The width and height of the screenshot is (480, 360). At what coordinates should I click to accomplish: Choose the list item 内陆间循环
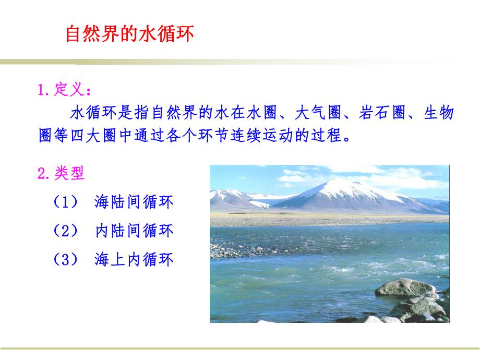[x=134, y=231]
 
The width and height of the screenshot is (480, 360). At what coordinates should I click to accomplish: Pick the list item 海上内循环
[x=134, y=259]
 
